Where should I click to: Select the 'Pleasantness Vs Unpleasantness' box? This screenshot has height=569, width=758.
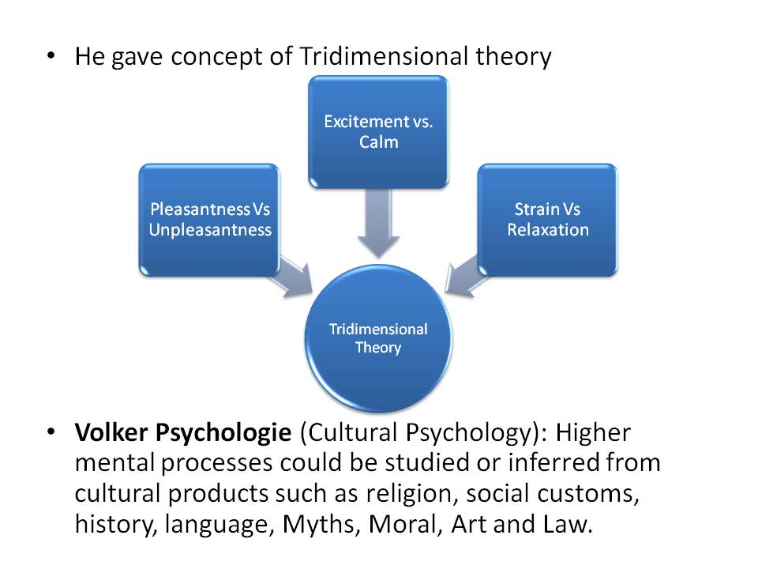pos(209,219)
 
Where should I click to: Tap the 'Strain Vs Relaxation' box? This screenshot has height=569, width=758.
pos(548,219)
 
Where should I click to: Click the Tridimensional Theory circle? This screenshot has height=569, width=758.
pos(378,337)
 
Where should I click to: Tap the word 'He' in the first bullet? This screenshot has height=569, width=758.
pos(89,58)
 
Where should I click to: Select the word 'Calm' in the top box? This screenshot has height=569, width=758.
pos(378,142)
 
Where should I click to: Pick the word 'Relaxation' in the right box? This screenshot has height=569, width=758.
pos(548,230)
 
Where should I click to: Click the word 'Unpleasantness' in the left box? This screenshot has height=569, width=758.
pos(209,230)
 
